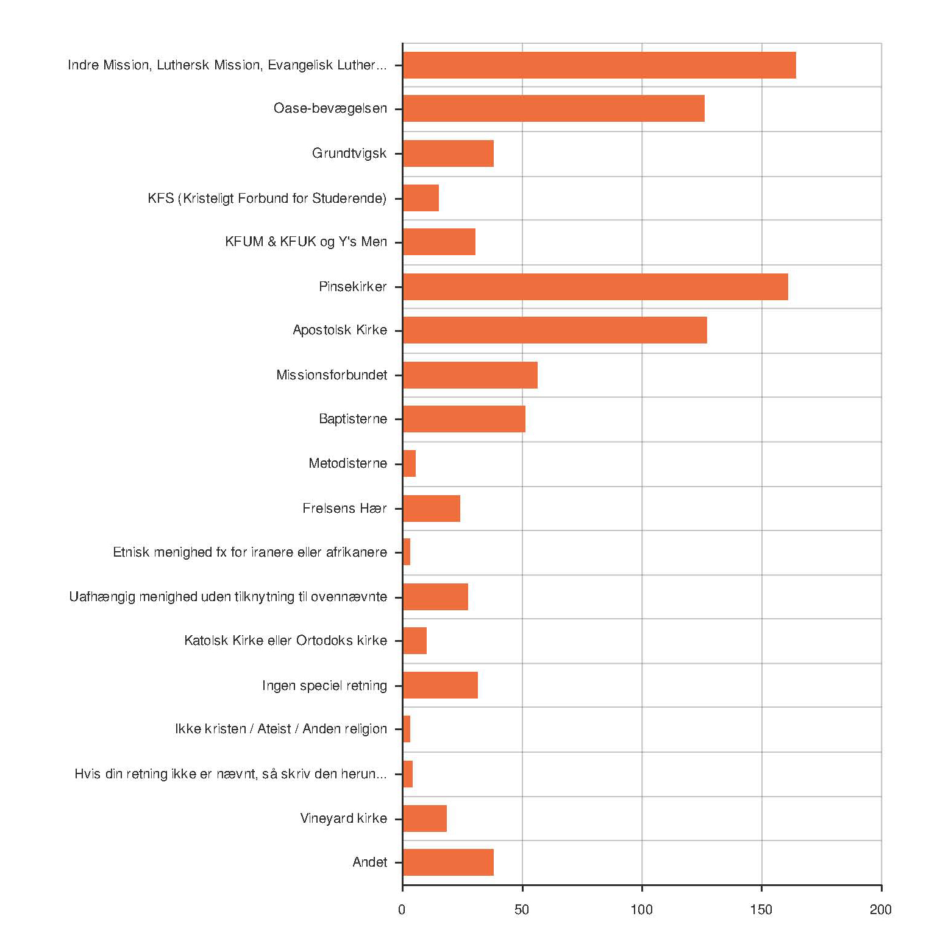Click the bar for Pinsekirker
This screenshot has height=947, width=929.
coord(595,287)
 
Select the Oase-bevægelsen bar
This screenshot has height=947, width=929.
coord(553,108)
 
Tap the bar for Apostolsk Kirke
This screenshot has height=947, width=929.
coord(555,330)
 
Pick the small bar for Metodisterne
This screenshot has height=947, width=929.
coord(410,463)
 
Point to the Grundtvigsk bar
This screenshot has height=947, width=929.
coord(448,153)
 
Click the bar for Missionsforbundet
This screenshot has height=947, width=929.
coord(470,375)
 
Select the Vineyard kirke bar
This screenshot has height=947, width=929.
coord(425,819)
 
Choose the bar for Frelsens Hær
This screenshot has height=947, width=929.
coord(432,509)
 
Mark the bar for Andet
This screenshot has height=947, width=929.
coord(448,862)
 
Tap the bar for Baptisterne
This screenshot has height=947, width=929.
coord(464,419)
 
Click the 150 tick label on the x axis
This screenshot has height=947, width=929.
coord(761,910)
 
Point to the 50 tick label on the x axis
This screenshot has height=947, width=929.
coord(522,910)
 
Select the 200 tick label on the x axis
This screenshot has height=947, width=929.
coord(880,910)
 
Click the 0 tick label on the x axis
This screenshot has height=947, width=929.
coord(402,910)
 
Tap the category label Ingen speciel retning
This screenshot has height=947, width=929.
coord(324,686)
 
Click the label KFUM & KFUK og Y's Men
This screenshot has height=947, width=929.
coord(305,242)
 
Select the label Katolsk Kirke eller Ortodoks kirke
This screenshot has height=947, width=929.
coord(285,641)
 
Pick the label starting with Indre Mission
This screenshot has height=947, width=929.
coord(227,65)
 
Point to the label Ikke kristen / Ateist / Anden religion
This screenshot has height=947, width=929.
coord(280,729)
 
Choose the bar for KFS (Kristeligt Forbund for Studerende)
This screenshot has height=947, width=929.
coord(421,198)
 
